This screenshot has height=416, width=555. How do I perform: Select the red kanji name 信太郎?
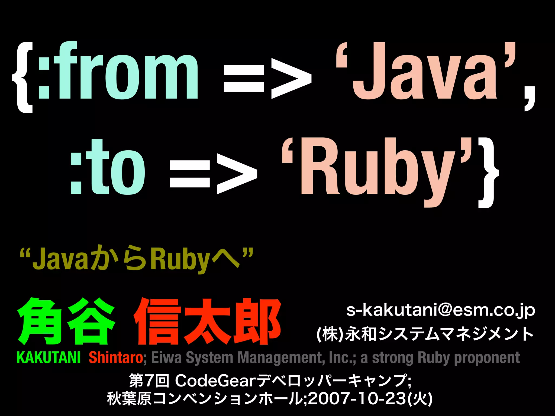pyautogui.click(x=207, y=321)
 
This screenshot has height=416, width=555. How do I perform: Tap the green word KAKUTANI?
pyautogui.click(x=49, y=357)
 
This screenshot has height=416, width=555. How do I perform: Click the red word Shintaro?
pyautogui.click(x=116, y=357)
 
